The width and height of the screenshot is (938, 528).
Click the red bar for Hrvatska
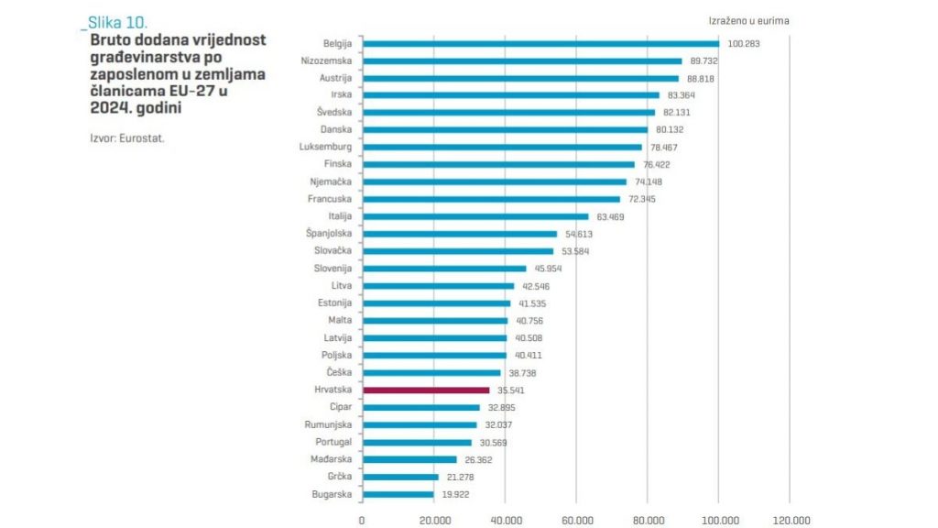[426, 390]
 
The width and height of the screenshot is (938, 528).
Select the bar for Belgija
[540, 43]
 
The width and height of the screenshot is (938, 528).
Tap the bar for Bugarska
[398, 494]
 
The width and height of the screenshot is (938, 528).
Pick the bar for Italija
[475, 216]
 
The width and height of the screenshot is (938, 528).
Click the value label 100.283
[745, 43]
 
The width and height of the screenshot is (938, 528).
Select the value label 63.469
[613, 216]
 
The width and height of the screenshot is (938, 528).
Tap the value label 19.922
[458, 494]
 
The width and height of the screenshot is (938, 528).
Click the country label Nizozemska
[326, 60]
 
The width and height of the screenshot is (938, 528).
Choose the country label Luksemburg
[326, 147]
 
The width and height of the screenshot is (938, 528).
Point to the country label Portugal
[333, 442]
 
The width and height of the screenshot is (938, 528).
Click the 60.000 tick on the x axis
[576, 519]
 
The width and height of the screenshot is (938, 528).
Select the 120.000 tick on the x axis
[790, 519]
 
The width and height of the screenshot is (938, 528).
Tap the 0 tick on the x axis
[362, 519]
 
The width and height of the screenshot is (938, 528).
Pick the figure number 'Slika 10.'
[116, 21]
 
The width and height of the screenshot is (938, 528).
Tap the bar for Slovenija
[444, 269]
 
